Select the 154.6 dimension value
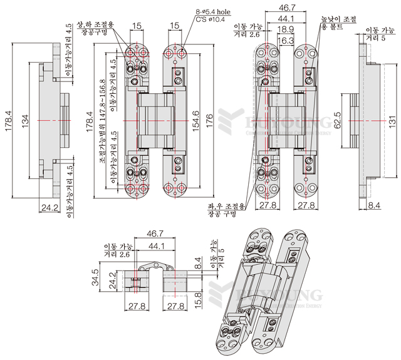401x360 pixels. click(x=195, y=118)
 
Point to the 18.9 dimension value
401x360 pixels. click(x=286, y=29)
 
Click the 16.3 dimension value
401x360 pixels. click(x=286, y=40)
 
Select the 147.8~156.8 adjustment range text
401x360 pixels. click(x=103, y=119)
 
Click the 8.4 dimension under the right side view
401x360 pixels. click(x=374, y=205)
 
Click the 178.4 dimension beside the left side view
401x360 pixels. click(x=9, y=118)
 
